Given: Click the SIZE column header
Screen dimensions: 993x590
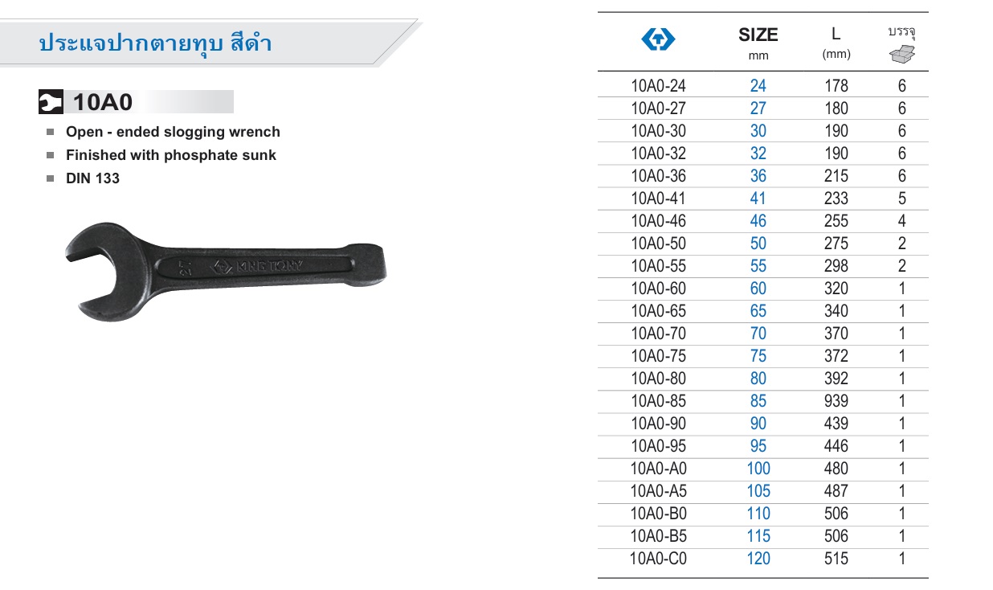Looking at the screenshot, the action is point(758,35).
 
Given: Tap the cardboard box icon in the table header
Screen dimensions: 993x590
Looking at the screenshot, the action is point(902,54).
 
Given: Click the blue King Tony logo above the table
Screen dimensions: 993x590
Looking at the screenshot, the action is point(658,39).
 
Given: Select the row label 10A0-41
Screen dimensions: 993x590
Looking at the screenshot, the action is point(658,199).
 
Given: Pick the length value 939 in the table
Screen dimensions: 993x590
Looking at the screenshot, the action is point(836,401).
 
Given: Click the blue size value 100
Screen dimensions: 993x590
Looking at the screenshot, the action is point(758,469).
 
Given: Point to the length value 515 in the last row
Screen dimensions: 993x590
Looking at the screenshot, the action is point(836,559).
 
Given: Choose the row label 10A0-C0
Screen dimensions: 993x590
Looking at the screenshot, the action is point(658,559).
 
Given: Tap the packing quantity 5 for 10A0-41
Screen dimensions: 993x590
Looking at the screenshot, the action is point(902,199).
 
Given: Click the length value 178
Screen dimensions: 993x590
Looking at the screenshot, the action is point(836,86).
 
